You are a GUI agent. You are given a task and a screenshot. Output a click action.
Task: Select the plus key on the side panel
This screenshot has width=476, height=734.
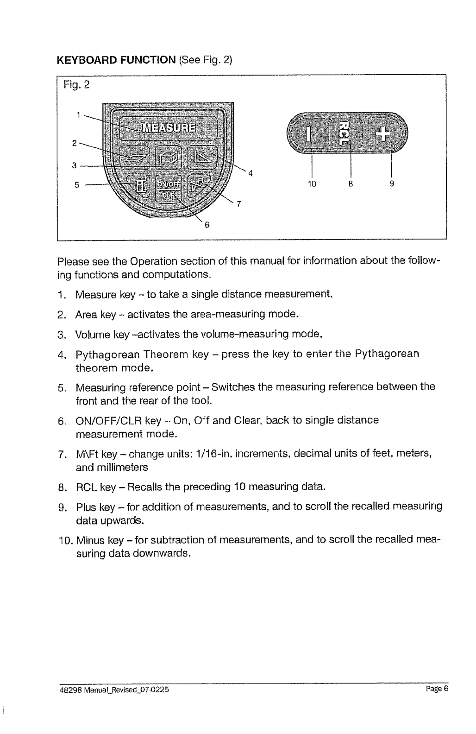384,134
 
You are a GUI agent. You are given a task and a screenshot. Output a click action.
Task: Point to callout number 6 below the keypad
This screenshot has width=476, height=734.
207,225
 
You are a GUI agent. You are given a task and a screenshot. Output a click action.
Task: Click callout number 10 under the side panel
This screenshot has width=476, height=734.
312,183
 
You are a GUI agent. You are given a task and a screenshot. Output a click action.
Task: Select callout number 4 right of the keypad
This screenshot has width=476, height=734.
250,174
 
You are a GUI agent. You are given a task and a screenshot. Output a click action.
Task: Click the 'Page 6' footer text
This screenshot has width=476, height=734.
437,689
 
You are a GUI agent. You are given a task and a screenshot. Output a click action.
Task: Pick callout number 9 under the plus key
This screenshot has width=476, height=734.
391,183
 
